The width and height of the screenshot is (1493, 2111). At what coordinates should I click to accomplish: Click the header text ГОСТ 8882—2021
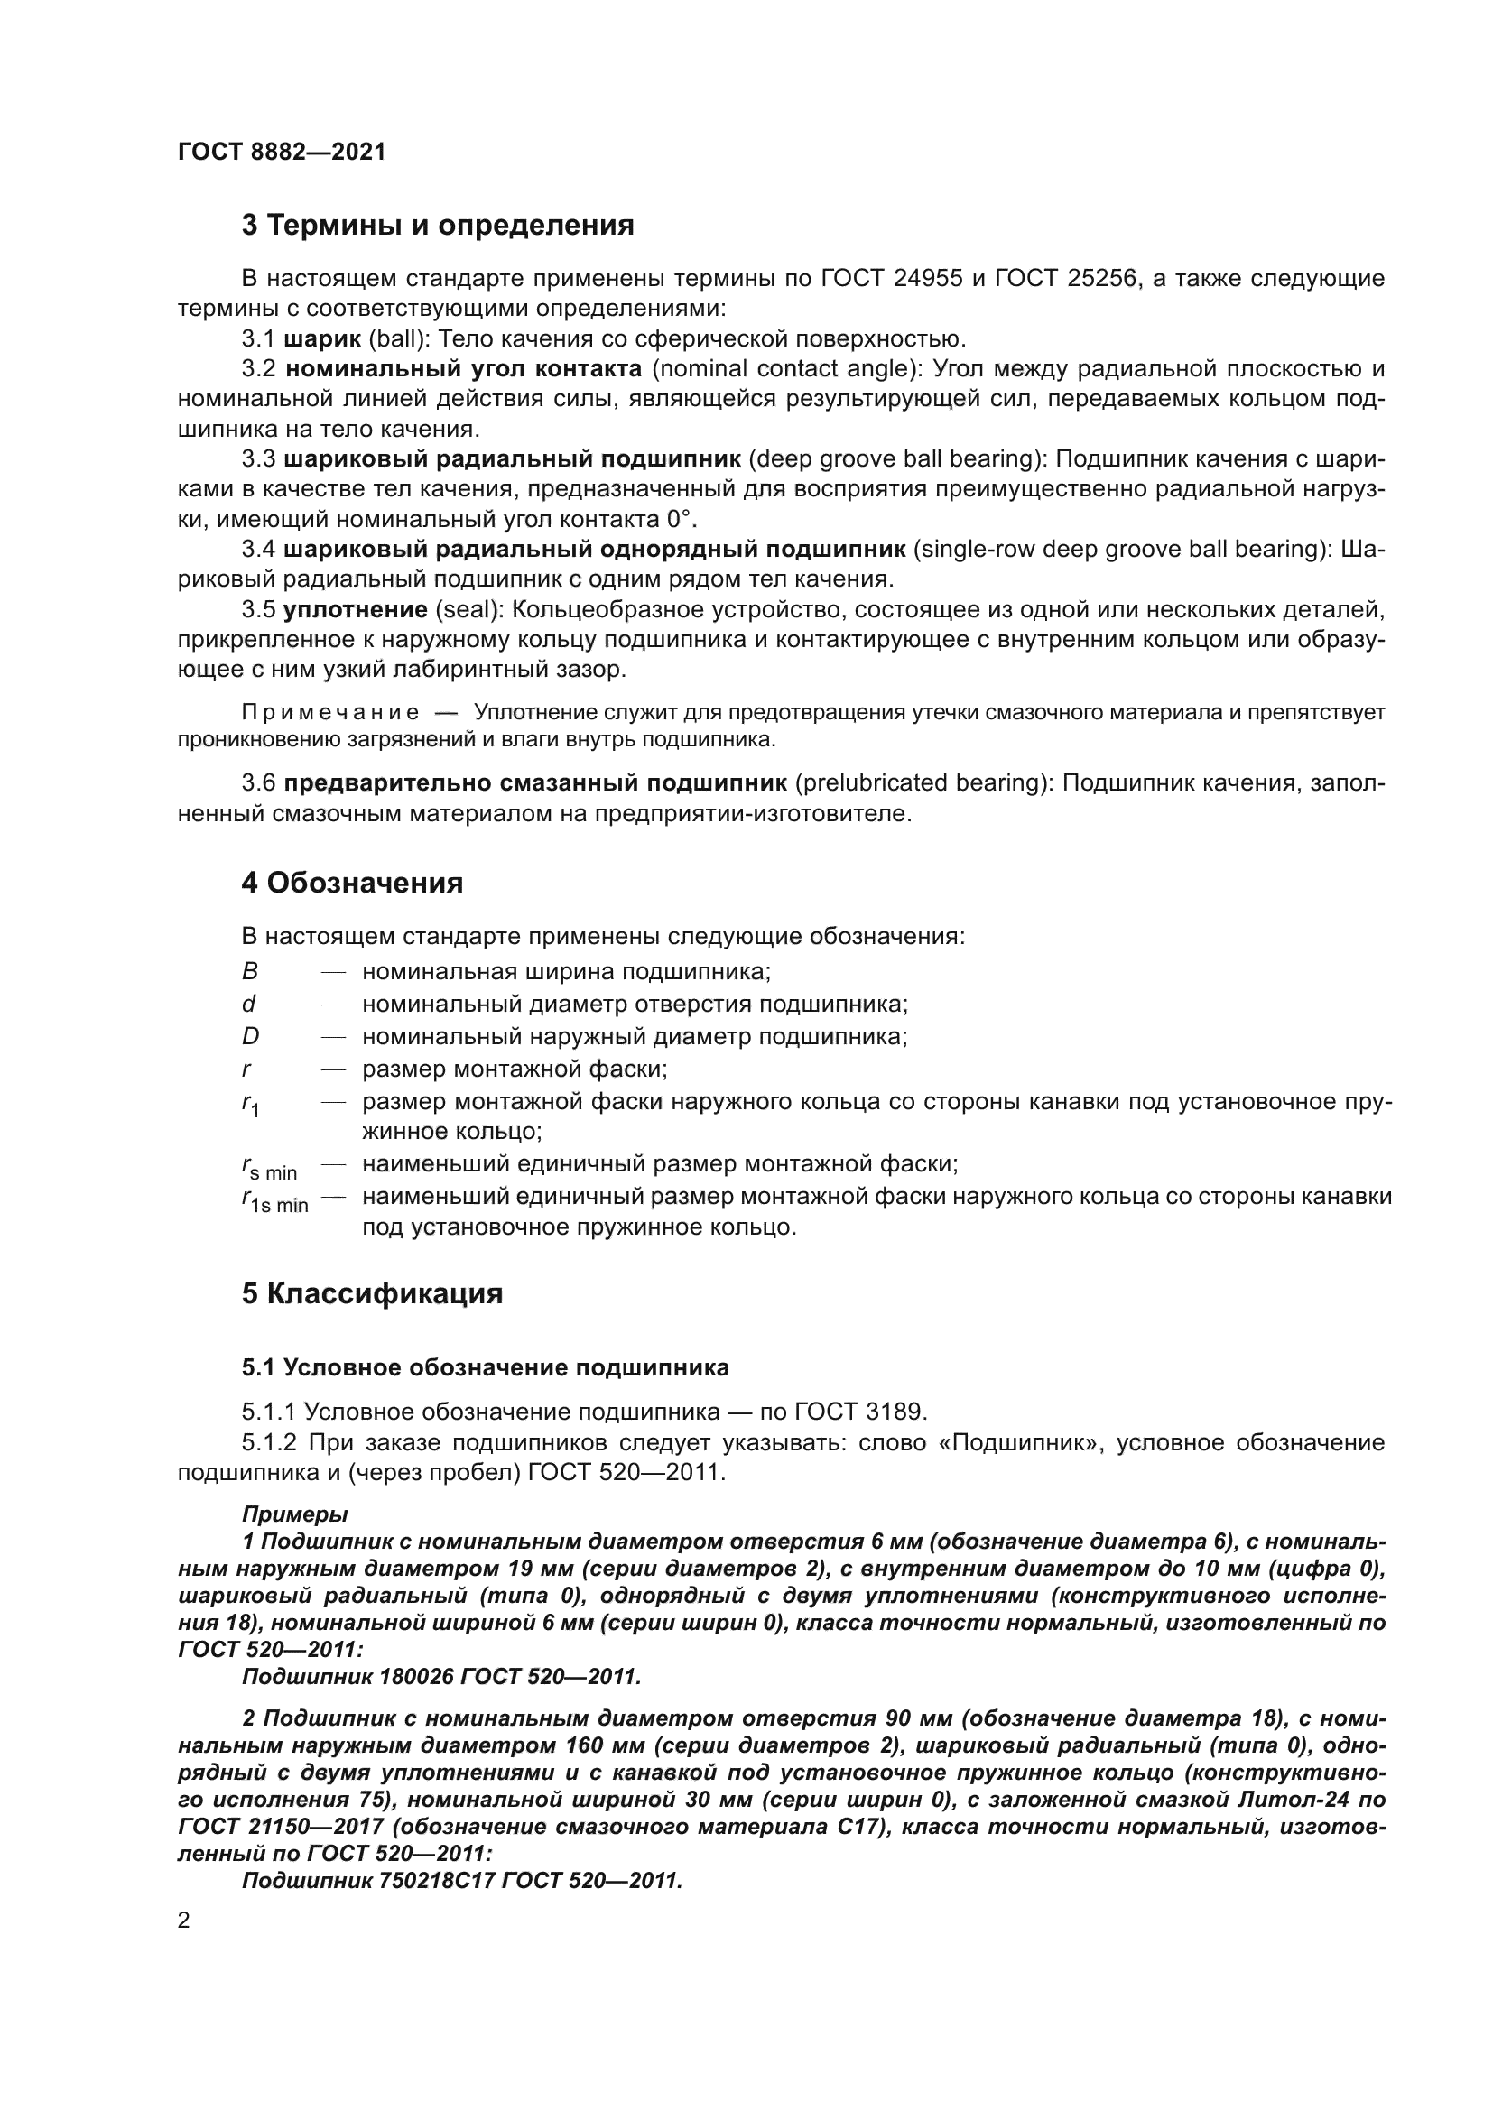[x=282, y=153]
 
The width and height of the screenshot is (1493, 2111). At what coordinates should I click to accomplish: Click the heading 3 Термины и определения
[x=438, y=226]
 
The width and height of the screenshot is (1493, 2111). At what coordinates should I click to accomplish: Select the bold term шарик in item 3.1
[x=322, y=339]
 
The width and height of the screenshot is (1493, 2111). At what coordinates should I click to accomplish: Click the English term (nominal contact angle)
[x=786, y=370]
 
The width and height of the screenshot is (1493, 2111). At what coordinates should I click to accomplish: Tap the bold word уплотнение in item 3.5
[x=356, y=609]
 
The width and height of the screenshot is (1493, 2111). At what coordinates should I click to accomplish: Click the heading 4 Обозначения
[x=352, y=884]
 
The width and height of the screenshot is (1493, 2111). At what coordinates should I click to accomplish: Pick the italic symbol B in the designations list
[x=250, y=972]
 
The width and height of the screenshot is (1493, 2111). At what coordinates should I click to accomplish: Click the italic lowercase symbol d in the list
[x=248, y=1004]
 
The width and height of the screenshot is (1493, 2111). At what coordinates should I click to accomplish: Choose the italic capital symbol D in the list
[x=250, y=1036]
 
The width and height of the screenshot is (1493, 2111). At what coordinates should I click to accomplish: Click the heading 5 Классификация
[x=372, y=1293]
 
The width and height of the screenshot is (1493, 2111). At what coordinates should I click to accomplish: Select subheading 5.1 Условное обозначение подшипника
[x=486, y=1367]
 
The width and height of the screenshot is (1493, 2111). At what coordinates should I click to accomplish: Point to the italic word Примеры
[x=294, y=1513]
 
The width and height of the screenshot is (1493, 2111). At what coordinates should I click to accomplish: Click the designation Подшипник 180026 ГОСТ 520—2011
[x=441, y=1677]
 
